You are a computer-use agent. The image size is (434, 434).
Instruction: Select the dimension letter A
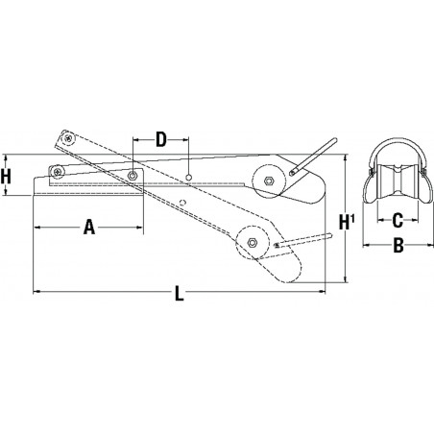[88, 228]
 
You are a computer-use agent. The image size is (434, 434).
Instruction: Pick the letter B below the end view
[396, 246]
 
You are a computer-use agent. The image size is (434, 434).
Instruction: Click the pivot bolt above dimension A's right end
[131, 176]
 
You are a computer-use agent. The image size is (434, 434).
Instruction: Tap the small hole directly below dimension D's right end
[190, 177]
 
